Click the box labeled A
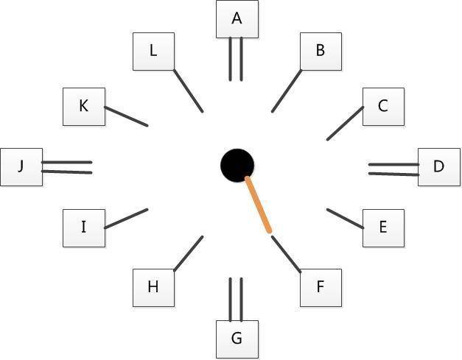tap(237, 19)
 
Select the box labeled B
tap(321, 52)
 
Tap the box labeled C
tap(383, 107)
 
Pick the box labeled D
tap(439, 167)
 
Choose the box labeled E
tap(383, 228)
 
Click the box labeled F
tap(321, 288)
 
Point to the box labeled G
tap(237, 339)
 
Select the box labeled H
tap(153, 288)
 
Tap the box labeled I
tap(84, 228)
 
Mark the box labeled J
tap(21, 167)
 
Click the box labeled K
tap(84, 107)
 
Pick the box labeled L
tap(153, 52)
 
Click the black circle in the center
tap(237, 166)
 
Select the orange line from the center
tap(259, 205)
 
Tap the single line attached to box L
tap(189, 91)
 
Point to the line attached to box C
tap(345, 124)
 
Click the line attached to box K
tap(126, 116)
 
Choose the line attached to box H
tap(189, 253)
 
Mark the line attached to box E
tap(345, 219)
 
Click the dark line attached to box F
tap(286, 254)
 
